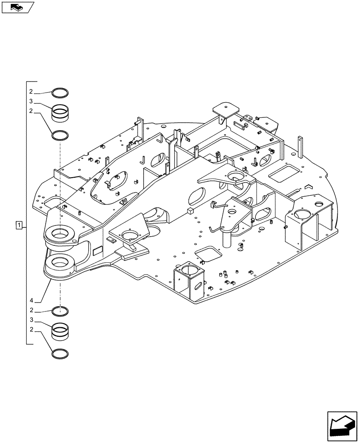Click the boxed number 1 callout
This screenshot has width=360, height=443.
[x=19, y=225]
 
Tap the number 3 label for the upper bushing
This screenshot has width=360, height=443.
[x=31, y=101]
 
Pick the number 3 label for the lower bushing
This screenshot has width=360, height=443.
[x=31, y=320]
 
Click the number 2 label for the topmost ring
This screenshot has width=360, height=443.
[x=31, y=92]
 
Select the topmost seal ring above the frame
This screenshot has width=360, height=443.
[x=60, y=93]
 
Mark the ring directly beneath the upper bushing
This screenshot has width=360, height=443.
[x=60, y=134]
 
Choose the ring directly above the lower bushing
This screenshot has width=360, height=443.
[x=60, y=311]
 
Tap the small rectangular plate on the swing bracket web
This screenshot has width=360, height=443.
[x=97, y=251]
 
